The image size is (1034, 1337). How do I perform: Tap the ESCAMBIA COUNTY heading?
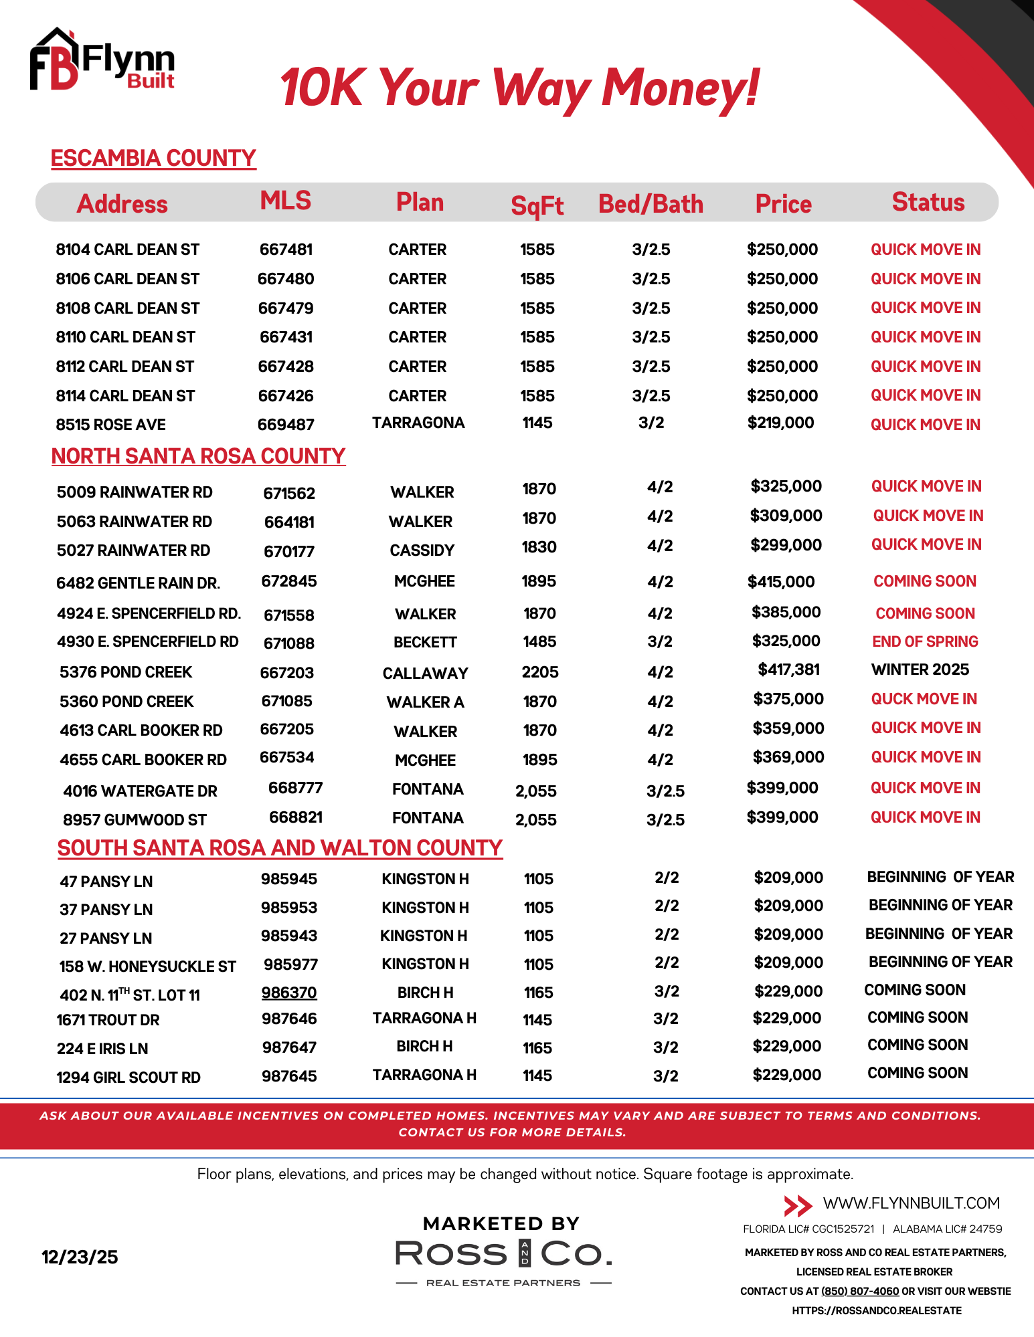click(153, 159)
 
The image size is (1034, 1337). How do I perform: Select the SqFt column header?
click(537, 205)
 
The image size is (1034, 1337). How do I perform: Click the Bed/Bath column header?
click(651, 204)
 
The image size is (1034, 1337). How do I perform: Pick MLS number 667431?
click(286, 337)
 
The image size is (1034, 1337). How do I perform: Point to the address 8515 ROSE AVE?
click(111, 425)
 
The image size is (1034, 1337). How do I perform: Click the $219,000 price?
click(780, 423)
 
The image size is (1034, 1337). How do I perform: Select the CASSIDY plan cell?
click(422, 550)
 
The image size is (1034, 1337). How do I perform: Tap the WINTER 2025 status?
click(920, 670)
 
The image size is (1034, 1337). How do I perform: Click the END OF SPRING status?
click(925, 641)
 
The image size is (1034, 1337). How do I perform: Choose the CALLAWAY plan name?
click(425, 673)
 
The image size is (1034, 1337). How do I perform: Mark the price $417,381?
click(788, 670)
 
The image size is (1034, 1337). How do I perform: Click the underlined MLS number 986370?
click(289, 993)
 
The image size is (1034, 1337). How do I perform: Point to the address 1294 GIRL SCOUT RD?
click(128, 1077)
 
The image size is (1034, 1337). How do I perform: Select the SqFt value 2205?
click(540, 672)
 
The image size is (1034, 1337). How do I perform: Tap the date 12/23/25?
click(80, 1257)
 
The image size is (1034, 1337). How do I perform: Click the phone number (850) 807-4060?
click(860, 1292)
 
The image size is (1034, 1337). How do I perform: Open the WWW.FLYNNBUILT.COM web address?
click(911, 1203)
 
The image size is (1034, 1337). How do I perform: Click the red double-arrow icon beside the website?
click(797, 1206)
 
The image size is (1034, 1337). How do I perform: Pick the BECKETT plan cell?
click(425, 642)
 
